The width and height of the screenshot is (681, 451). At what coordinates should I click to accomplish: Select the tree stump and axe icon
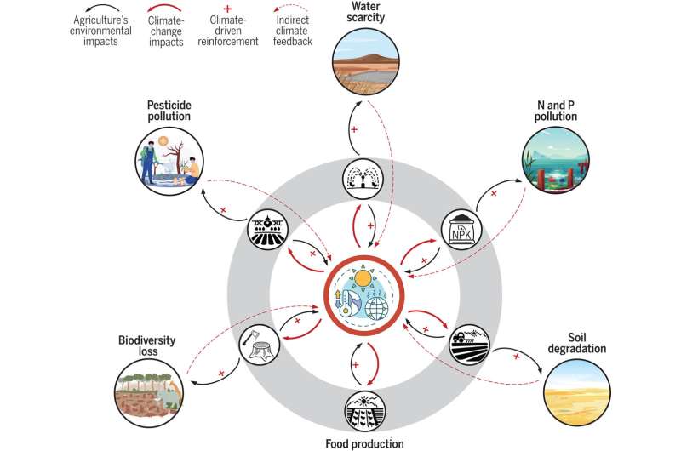coord(260,344)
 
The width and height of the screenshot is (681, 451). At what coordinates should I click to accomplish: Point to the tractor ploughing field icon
coord(469,343)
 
